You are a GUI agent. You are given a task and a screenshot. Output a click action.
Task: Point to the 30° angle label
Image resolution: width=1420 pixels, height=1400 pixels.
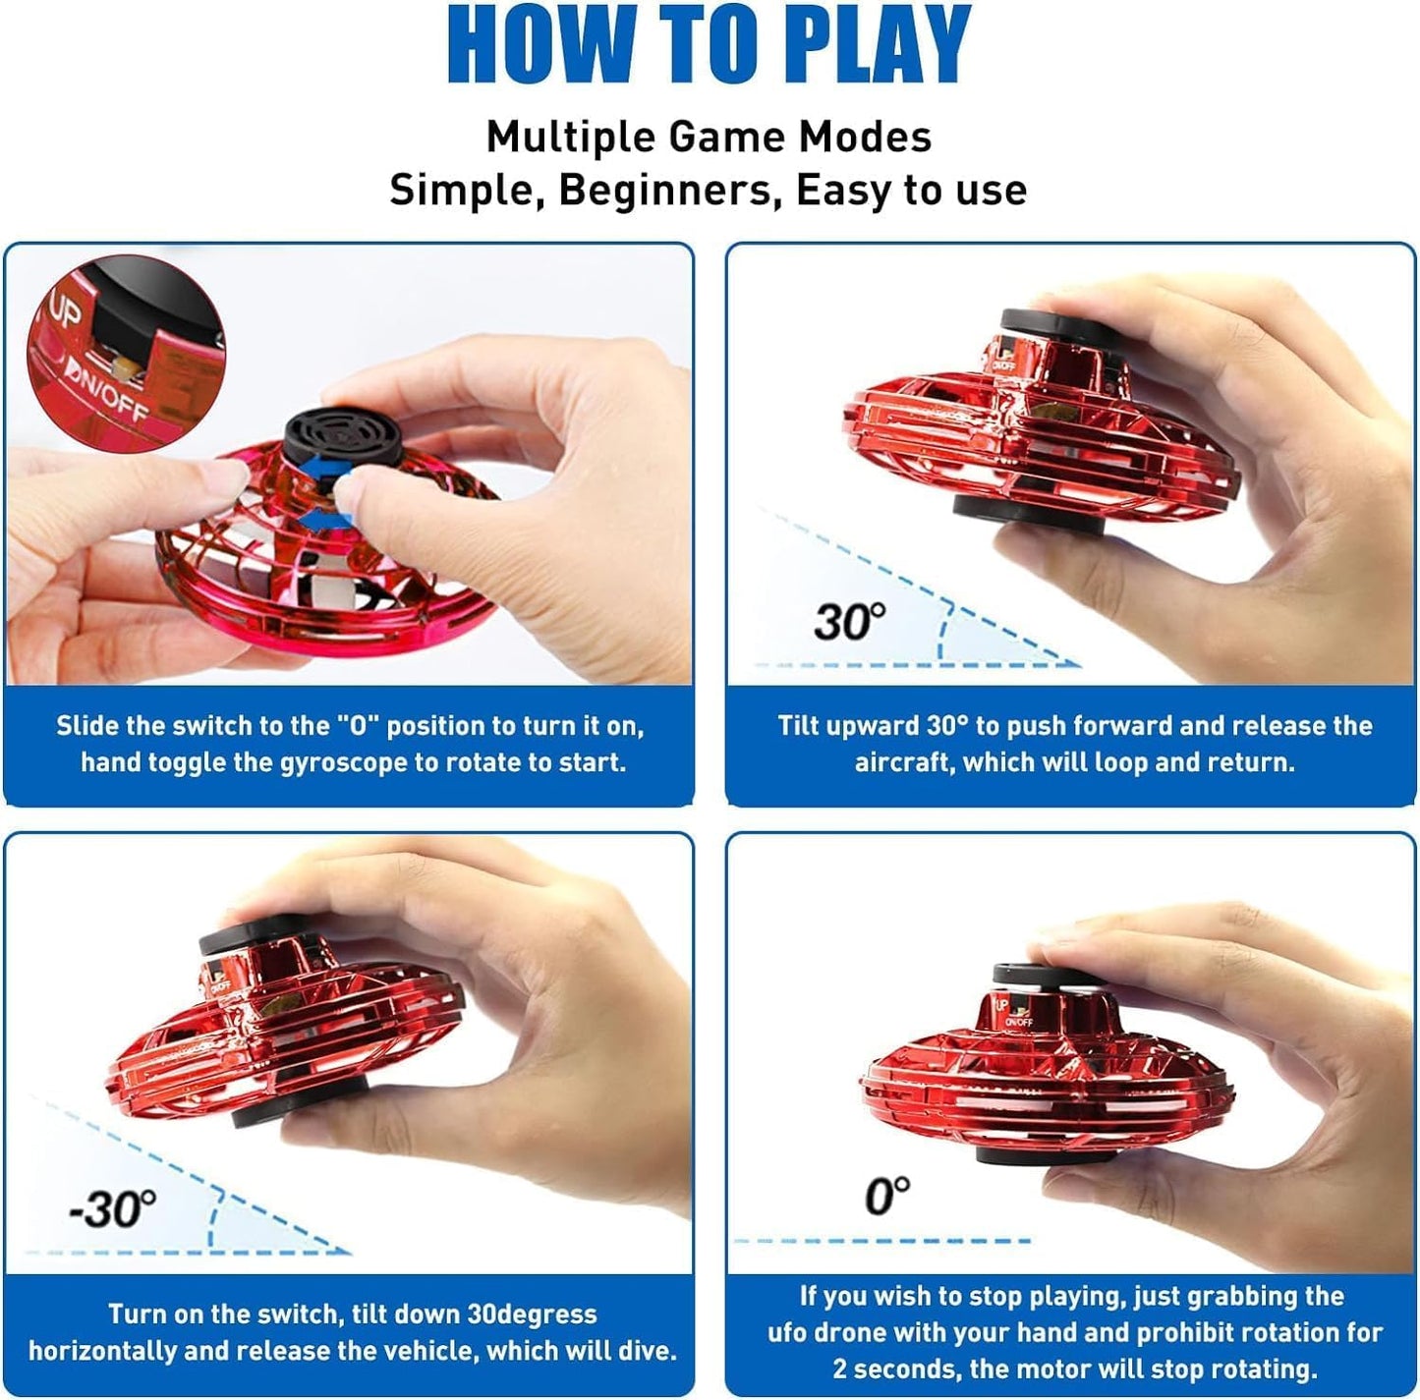coord(849,622)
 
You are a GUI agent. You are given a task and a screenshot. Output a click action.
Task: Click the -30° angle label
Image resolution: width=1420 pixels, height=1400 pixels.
coord(112,1209)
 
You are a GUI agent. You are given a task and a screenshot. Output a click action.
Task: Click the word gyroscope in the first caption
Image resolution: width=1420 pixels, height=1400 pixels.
coord(340,762)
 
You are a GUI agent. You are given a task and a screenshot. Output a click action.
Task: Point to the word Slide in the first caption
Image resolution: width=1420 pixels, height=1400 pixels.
coord(86,726)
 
